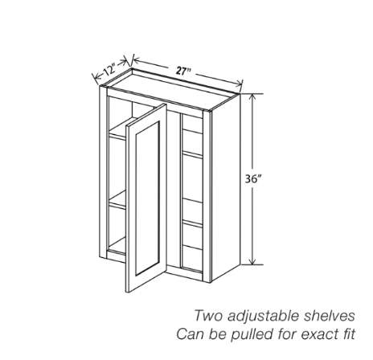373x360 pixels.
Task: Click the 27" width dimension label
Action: [183, 71]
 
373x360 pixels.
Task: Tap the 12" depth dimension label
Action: [109, 70]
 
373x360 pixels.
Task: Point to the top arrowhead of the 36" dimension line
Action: [252, 97]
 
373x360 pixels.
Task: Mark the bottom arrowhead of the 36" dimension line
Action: [252, 261]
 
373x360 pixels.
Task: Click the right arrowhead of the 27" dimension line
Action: [239, 84]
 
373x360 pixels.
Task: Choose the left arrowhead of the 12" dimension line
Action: [96, 77]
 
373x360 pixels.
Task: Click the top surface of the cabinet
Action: [172, 88]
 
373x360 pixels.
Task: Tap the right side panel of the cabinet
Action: [225, 187]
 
